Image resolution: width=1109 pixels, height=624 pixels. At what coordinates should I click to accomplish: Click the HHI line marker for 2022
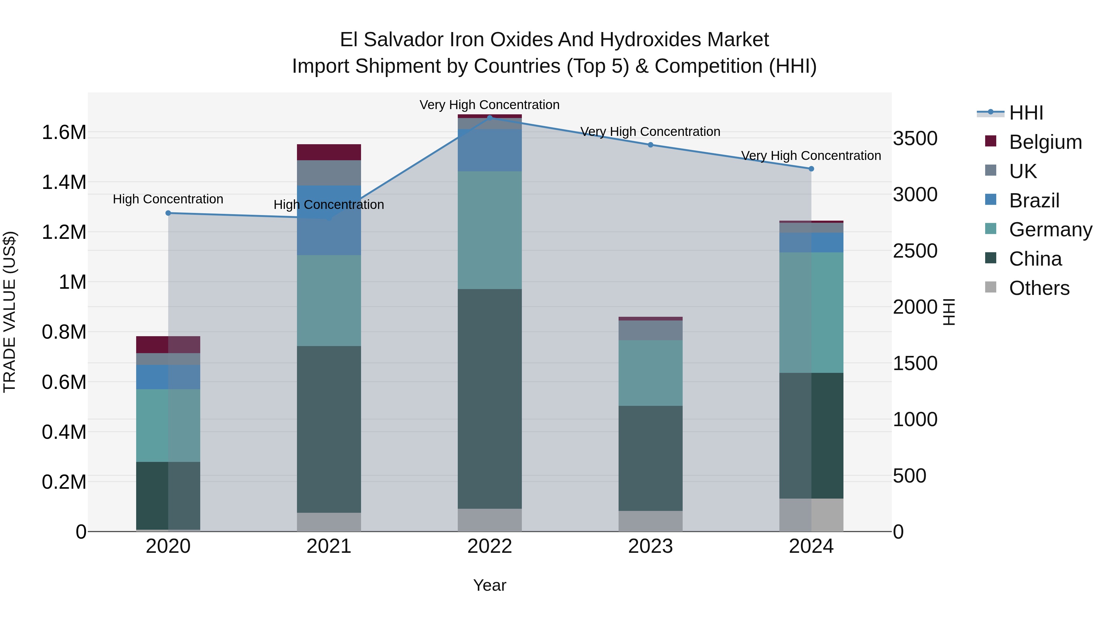tap(490, 118)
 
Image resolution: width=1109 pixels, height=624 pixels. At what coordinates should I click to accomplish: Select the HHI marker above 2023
tap(651, 145)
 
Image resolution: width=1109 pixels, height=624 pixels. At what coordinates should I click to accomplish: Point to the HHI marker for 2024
tap(811, 169)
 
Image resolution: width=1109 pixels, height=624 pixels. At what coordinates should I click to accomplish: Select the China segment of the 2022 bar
tap(490, 398)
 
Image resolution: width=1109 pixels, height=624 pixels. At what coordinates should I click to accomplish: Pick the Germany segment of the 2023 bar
tap(651, 373)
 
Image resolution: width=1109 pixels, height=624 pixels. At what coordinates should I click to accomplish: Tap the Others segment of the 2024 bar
tap(811, 515)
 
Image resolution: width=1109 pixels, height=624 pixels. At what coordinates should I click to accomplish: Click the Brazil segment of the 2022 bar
tap(490, 150)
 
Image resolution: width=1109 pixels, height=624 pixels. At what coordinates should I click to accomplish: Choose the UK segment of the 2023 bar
tap(651, 330)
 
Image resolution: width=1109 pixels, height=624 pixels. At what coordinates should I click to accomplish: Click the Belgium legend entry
tap(1045, 142)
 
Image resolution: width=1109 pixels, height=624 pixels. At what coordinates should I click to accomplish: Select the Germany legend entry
tap(1050, 230)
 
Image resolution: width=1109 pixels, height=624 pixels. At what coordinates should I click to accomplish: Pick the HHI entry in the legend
tap(1026, 113)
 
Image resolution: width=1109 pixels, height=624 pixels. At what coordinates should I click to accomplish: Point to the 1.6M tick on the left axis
tap(64, 132)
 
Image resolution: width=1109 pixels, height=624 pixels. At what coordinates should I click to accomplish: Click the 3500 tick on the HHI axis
tap(915, 139)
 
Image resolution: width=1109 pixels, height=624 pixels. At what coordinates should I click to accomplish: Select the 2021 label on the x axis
tap(329, 546)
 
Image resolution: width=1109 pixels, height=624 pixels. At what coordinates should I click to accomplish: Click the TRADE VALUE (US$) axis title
tap(10, 312)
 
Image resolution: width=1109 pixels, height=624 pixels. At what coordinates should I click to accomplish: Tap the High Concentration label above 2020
tap(168, 199)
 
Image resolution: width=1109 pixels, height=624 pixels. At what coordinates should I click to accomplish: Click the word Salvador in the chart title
tap(403, 40)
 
